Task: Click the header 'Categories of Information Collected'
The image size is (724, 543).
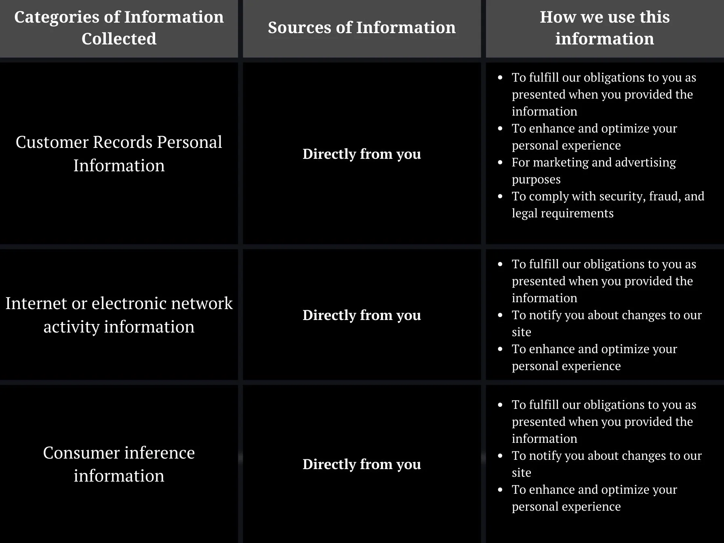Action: [x=119, y=27]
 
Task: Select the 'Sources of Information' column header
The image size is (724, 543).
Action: [x=362, y=27]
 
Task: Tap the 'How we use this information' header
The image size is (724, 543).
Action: [x=604, y=27]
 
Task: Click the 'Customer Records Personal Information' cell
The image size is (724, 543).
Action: [x=119, y=154]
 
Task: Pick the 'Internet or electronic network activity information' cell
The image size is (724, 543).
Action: [x=119, y=315]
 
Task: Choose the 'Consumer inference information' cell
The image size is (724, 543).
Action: [x=119, y=464]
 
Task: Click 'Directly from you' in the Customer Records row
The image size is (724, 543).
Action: [x=362, y=154]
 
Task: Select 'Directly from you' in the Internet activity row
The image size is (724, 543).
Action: [x=362, y=315]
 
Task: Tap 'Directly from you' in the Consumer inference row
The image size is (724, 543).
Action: [x=362, y=464]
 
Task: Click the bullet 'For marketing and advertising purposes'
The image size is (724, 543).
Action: [x=593, y=170]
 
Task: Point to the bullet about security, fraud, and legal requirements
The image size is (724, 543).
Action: [x=607, y=204]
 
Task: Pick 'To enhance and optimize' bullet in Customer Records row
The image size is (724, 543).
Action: [x=594, y=137]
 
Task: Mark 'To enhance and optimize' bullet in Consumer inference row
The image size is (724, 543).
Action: [x=594, y=498]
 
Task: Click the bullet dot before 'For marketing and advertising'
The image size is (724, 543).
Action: [x=501, y=162]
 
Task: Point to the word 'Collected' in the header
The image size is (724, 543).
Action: [x=119, y=39]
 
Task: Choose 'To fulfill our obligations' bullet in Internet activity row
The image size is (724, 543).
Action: [x=604, y=281]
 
